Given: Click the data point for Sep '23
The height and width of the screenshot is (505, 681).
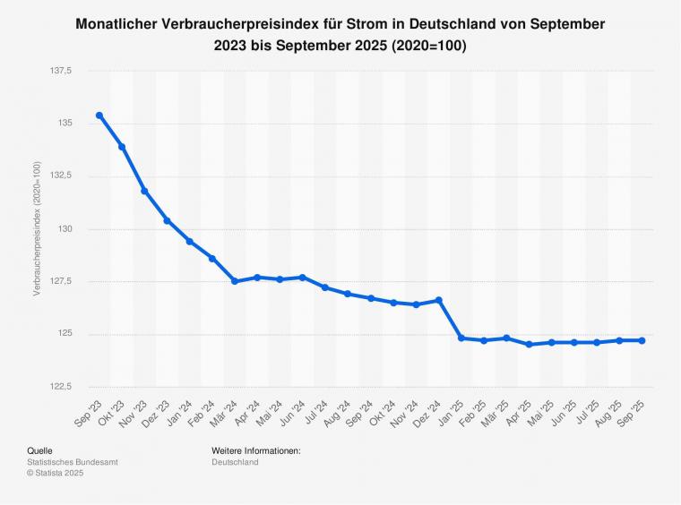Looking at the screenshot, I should click(x=99, y=116).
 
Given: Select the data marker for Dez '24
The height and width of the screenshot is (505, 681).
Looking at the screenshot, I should click(x=439, y=300).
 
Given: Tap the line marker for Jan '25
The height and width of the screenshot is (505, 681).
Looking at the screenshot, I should click(x=461, y=338).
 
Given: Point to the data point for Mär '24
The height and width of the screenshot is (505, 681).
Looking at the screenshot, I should click(x=235, y=281).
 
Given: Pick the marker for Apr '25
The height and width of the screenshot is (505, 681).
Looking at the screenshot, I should click(x=530, y=345).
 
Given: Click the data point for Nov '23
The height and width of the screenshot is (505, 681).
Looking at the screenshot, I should click(x=144, y=192).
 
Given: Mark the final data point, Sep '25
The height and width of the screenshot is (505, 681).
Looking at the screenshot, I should click(x=642, y=340).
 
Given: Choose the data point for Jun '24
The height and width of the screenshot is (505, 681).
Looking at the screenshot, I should click(x=303, y=278).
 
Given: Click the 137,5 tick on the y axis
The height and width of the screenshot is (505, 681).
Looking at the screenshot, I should click(x=71, y=70).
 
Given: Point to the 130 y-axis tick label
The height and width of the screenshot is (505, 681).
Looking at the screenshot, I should click(x=76, y=228).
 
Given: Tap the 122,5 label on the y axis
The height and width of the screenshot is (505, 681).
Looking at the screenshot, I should click(x=71, y=387).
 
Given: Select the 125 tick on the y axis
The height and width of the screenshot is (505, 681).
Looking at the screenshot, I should click(x=76, y=334).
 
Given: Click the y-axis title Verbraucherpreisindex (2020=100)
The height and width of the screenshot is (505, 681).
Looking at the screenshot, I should click(x=37, y=228).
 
